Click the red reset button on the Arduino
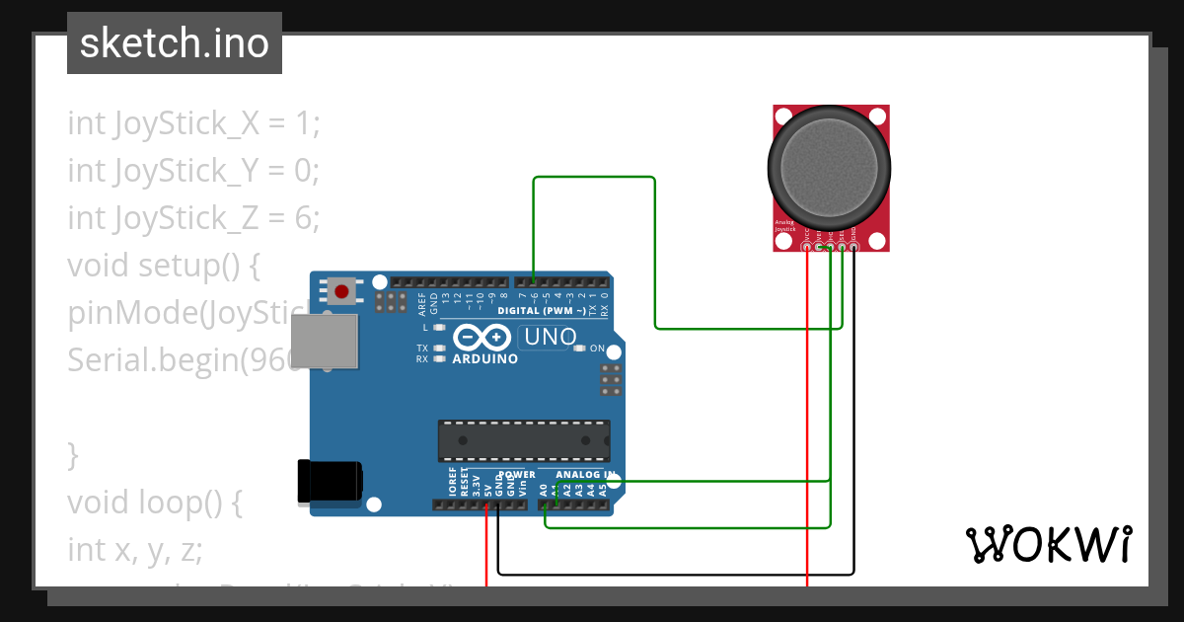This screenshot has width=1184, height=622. click(x=342, y=291)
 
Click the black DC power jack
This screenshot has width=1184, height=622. click(x=329, y=483)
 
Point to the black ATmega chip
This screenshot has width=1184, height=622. click(x=524, y=440)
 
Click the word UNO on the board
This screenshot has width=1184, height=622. click(x=551, y=337)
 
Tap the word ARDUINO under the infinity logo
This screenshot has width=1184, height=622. click(x=484, y=359)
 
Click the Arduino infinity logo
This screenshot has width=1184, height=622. click(x=483, y=339)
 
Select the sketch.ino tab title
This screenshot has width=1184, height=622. click(x=175, y=43)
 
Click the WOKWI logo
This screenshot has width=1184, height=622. click(x=1048, y=544)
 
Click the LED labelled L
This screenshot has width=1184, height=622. click(x=440, y=327)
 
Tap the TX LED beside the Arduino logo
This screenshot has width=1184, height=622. click(x=440, y=349)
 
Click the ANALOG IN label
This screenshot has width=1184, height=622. click(x=582, y=475)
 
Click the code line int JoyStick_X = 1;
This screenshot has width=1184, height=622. click(x=194, y=123)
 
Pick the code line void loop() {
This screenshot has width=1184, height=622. click(x=155, y=503)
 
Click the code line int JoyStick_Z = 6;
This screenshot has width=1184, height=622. click(x=194, y=218)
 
